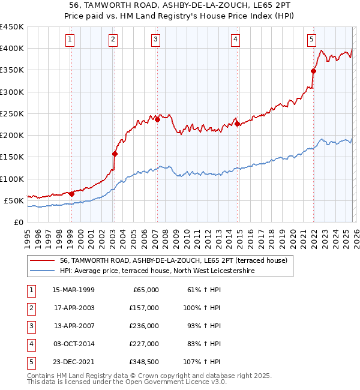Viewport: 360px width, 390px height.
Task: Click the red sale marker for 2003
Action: click(x=115, y=154)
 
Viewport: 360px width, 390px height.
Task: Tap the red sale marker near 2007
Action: click(x=157, y=119)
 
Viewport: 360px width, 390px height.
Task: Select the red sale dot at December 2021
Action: click(x=313, y=71)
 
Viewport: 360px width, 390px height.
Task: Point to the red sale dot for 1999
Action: click(x=71, y=194)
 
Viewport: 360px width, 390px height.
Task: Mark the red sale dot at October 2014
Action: click(x=237, y=124)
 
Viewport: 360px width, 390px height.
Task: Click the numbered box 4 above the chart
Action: click(x=235, y=40)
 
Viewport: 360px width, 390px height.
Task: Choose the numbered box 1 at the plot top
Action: click(x=70, y=40)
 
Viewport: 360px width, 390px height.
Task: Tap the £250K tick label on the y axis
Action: click(x=12, y=113)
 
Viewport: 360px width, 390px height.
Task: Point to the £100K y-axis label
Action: click(x=12, y=179)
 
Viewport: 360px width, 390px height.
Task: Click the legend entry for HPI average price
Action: click(x=157, y=271)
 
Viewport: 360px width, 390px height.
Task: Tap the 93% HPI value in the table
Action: click(x=203, y=326)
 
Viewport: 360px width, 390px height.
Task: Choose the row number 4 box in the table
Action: click(x=31, y=344)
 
